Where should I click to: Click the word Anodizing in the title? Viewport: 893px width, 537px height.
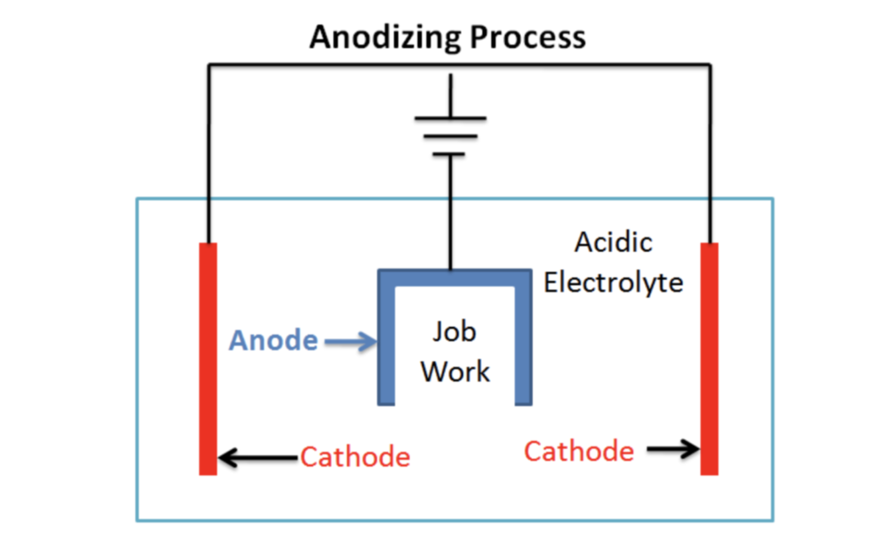pyautogui.click(x=386, y=38)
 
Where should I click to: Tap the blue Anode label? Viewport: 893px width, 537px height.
pyautogui.click(x=273, y=341)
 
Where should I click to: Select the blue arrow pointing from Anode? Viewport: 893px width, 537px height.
pyautogui.click(x=350, y=342)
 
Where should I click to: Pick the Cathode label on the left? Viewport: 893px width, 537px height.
pyautogui.click(x=355, y=457)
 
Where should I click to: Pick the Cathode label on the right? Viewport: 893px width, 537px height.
pyautogui.click(x=579, y=451)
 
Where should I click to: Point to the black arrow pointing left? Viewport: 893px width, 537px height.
pyautogui.click(x=257, y=458)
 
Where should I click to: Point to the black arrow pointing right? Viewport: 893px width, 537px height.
pyautogui.click(x=673, y=449)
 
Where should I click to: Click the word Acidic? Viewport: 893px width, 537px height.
pyautogui.click(x=613, y=242)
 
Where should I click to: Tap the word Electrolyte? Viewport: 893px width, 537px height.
pyautogui.click(x=613, y=282)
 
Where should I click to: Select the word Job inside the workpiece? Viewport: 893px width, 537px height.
pyautogui.click(x=454, y=332)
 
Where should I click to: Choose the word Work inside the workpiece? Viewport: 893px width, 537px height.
pyautogui.click(x=455, y=371)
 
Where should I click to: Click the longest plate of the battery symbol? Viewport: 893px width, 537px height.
pyautogui.click(x=451, y=118)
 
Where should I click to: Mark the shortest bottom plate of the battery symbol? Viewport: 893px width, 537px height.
pyautogui.click(x=449, y=155)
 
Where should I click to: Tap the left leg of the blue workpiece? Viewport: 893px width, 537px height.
pyautogui.click(x=386, y=345)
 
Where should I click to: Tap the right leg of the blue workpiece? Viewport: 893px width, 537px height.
pyautogui.click(x=523, y=345)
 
